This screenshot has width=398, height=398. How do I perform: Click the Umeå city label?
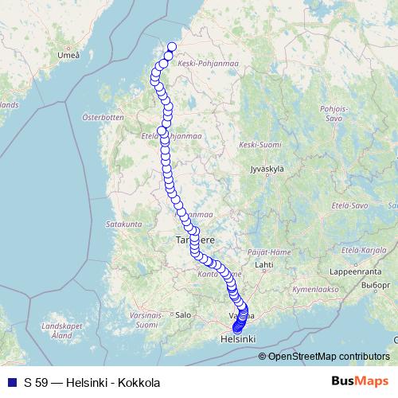coord(69,55)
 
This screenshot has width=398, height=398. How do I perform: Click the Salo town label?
coord(184,314)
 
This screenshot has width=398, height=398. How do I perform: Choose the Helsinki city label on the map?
coord(238,339)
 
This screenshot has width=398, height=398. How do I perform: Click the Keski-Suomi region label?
coord(259,145)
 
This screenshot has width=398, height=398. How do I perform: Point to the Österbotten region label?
coord(103,117)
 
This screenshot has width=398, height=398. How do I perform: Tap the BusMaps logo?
coord(361,382)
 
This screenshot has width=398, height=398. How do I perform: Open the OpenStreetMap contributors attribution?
coord(328,357)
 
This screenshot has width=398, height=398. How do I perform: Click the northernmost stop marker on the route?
coord(171,46)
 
